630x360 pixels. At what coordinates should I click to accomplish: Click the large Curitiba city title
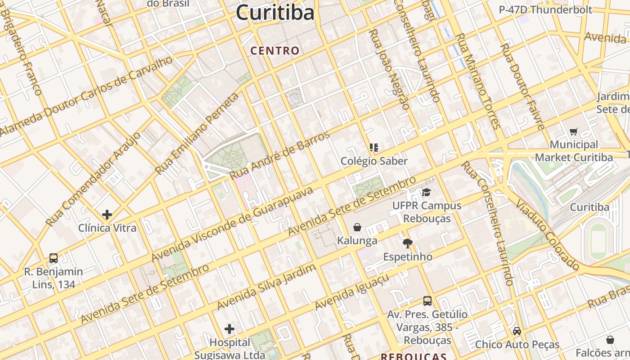click(x=275, y=13)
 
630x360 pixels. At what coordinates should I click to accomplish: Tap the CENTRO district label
click(x=275, y=51)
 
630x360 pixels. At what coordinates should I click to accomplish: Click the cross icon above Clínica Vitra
click(x=107, y=215)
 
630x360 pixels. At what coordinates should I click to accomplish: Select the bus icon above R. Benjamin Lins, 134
click(x=54, y=258)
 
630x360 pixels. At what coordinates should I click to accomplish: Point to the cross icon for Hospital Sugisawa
click(x=229, y=329)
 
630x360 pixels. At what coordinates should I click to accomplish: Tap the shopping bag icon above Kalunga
click(x=357, y=227)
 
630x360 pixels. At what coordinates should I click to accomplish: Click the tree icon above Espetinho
click(x=408, y=243)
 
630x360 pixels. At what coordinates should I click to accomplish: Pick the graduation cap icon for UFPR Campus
click(x=426, y=192)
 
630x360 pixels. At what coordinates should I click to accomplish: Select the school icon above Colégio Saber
click(x=373, y=147)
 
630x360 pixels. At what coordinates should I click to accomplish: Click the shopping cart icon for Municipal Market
click(x=573, y=132)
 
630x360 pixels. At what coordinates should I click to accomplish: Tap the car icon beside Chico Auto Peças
click(x=517, y=331)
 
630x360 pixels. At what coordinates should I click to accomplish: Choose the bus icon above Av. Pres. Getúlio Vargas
click(x=427, y=301)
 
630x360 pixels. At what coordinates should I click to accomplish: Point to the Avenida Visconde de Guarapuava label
click(x=232, y=224)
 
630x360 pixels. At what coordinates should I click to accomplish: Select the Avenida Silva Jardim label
click(x=266, y=287)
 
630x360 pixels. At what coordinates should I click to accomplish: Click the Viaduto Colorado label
click(x=547, y=235)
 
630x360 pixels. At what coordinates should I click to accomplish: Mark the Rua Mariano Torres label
click(x=478, y=81)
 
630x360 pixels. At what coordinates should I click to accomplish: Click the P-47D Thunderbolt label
click(x=545, y=9)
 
